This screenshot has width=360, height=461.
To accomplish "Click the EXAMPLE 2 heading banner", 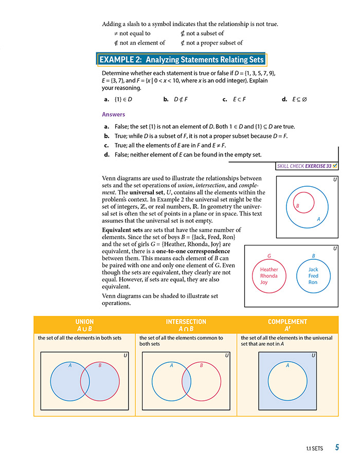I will pos(181,59).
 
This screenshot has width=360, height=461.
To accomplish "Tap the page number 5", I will pos(336,448).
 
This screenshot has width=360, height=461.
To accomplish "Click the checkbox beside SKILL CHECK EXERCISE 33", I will pos(335,166).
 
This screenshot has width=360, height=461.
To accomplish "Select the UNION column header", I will pos(84,325).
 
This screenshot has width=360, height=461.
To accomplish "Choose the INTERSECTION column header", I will pos(186,325).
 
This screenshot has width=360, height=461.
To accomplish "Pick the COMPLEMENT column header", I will pos(287,325).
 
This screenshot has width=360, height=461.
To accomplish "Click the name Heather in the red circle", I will pos(269,269).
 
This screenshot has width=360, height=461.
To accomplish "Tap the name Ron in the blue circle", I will pos(313,282).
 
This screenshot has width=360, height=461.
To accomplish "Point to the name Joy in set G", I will pos(264,282).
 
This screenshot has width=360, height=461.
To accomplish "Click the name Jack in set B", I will pos(313,269).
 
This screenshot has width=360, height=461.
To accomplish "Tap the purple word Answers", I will pos(114,114).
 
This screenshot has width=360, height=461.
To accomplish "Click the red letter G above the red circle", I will pos(269,256).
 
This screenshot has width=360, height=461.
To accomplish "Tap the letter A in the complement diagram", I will pos(287,366).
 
